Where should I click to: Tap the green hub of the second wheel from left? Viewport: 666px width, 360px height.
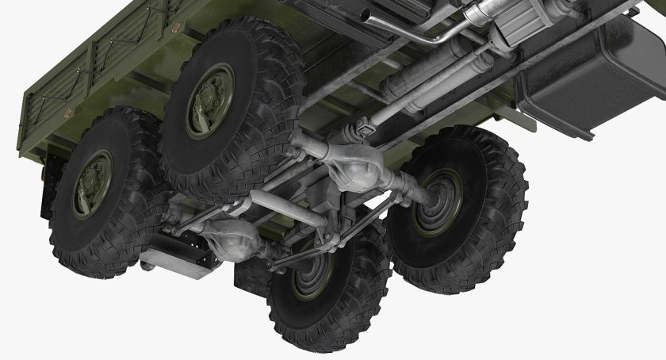click(x=210, y=100)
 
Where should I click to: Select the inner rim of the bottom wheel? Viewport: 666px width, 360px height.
click(x=311, y=278)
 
